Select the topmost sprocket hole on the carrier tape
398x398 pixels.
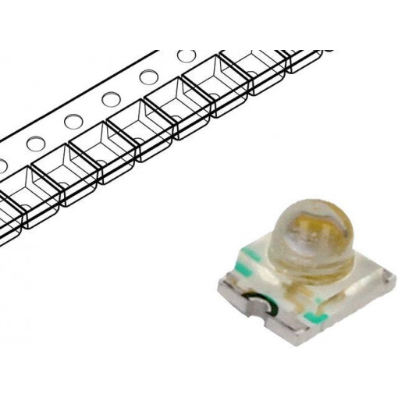point(186,56)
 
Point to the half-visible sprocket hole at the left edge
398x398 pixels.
point(2,165)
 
